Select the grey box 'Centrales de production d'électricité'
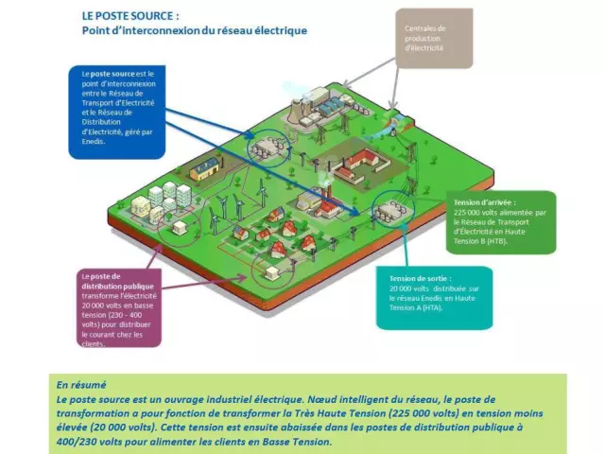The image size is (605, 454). point(432,39)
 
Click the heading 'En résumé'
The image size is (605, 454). point(81,385)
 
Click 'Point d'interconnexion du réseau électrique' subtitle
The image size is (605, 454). point(194,31)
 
